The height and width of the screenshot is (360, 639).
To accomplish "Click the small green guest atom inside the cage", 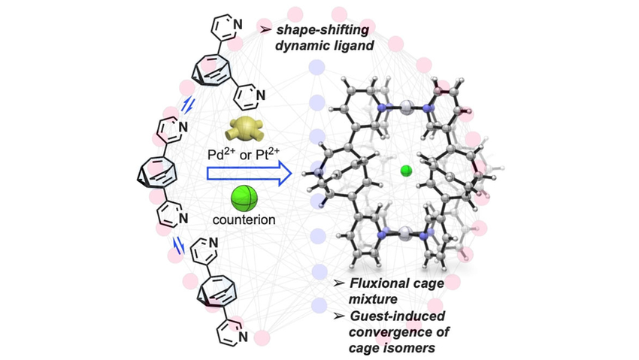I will click(406, 171).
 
